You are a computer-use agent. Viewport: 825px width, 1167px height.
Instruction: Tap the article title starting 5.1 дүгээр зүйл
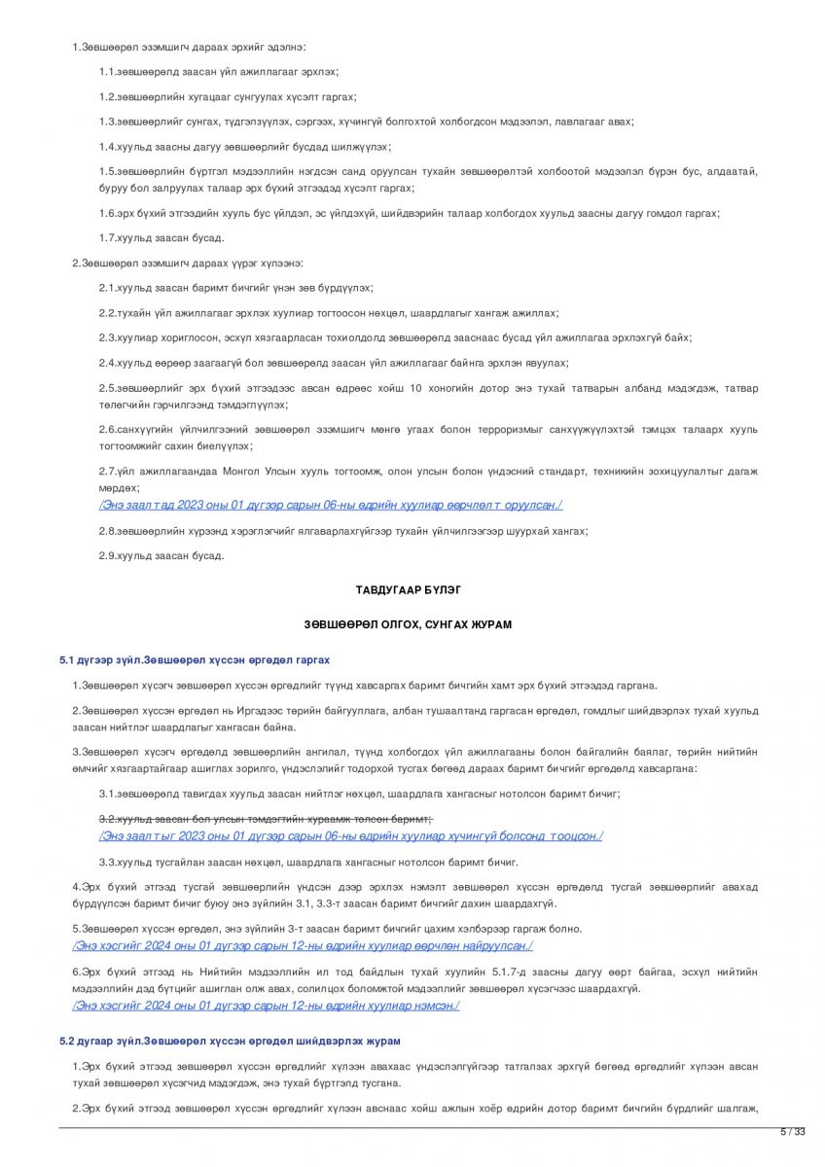pos(194,659)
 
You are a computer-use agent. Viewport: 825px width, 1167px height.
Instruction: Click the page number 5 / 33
pos(794,1131)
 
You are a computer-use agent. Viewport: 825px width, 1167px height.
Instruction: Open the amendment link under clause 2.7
pos(330,505)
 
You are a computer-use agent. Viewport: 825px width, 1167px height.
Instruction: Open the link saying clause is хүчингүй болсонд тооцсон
pos(350,836)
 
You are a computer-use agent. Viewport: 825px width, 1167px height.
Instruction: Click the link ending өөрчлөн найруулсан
pos(303,945)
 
